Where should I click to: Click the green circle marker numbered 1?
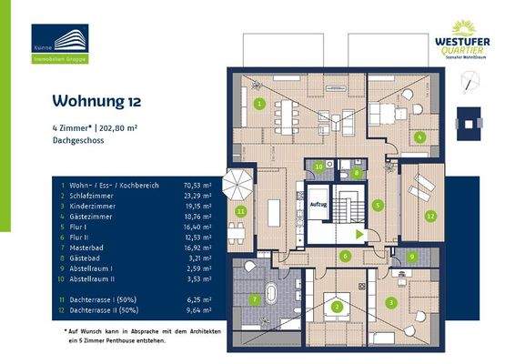pyautogui.click(x=260, y=105)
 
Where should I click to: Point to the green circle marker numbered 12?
pyautogui.click(x=430, y=216)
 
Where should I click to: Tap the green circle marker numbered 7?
pyautogui.click(x=256, y=298)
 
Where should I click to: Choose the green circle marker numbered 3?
pyautogui.click(x=390, y=302)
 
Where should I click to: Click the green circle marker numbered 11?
pyautogui.click(x=240, y=211)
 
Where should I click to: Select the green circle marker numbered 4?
pyautogui.click(x=419, y=137)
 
